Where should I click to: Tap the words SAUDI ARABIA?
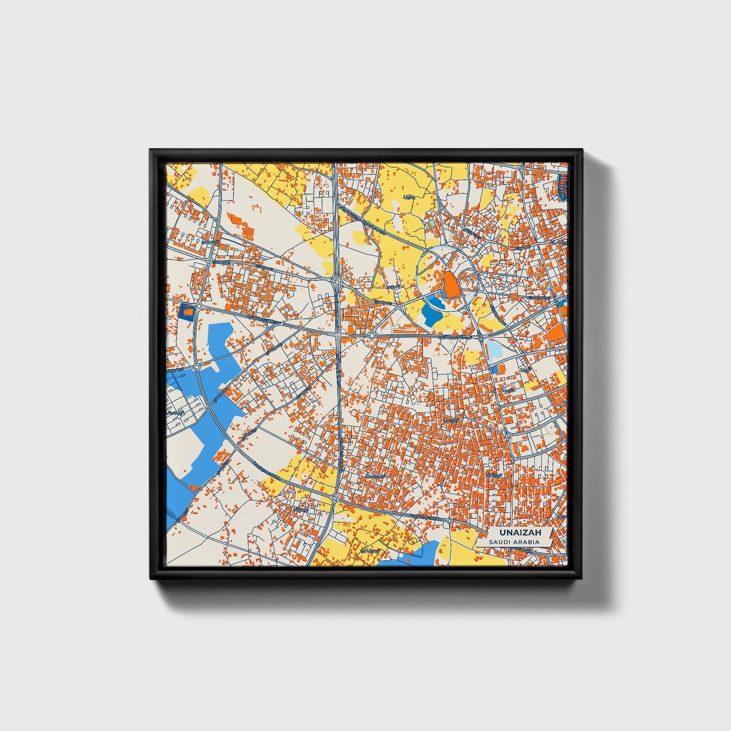(514, 542)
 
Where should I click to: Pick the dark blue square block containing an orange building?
(187, 312)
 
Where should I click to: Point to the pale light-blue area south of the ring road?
(493, 349)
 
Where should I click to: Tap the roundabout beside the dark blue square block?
(200, 306)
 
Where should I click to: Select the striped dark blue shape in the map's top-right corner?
(563, 185)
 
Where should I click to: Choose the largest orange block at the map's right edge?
(557, 332)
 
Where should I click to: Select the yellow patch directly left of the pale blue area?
(471, 357)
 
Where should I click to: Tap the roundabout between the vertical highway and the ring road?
(372, 335)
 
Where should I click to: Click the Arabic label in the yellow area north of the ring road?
(409, 196)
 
